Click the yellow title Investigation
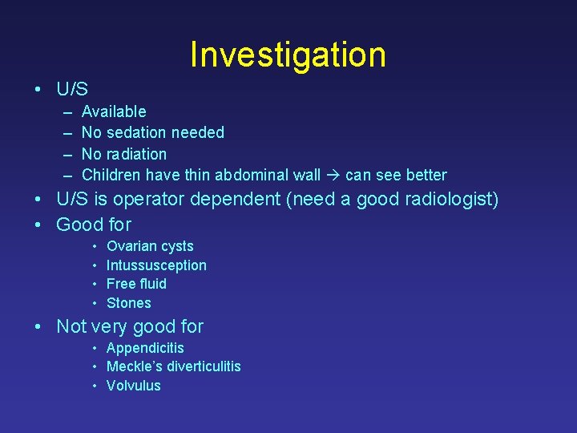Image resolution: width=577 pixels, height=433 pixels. point(288,55)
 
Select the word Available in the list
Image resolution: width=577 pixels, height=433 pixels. point(114,111)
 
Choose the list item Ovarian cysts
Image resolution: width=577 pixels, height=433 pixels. point(150,246)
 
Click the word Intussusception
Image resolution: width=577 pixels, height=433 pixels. point(156,265)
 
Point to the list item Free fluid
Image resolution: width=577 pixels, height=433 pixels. point(136,284)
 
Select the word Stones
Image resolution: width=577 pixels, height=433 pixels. point(128,303)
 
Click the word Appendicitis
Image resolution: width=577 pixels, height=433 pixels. point(145,348)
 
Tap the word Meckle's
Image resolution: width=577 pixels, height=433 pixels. point(131,366)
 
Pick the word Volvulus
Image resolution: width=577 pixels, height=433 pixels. point(133,386)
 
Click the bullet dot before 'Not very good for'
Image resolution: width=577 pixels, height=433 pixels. point(38,327)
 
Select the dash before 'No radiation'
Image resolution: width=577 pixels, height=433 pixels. point(64,154)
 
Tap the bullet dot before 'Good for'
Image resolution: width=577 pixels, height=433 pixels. point(38,225)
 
